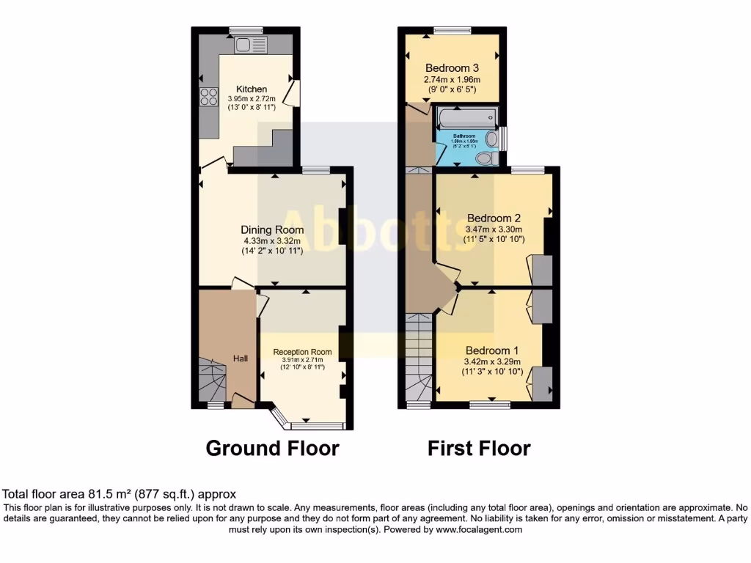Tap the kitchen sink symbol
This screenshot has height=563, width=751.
tap(251, 45)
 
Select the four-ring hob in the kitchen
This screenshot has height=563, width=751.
tap(208, 97)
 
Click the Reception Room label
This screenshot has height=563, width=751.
tap(302, 352)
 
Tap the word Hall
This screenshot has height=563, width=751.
tap(241, 358)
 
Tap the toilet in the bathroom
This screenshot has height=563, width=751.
tap(485, 158)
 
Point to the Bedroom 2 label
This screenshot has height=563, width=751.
tap(494, 218)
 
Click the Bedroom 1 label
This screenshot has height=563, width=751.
tap(491, 350)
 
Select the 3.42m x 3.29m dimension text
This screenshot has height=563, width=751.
tap(491, 361)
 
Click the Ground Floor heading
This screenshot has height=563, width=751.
tap(272, 448)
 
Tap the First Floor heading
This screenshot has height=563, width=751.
tap(479, 448)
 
